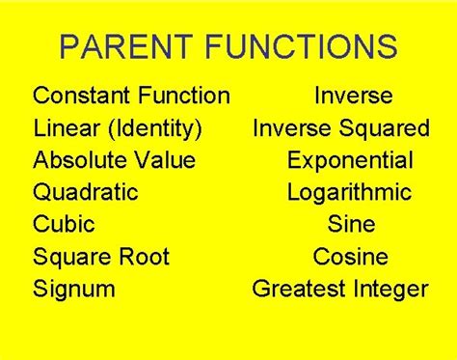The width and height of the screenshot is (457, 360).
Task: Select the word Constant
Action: pyautogui.click(x=78, y=96)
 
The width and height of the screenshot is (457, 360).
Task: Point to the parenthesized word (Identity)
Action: pyautogui.click(x=153, y=128)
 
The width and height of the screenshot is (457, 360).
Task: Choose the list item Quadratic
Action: pyautogui.click(x=85, y=191)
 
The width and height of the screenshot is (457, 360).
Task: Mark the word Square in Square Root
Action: pyautogui.click(x=72, y=257)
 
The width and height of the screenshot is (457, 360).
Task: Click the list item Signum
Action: pyautogui.click(x=73, y=289)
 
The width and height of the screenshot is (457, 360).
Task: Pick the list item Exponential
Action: pyautogui.click(x=350, y=160)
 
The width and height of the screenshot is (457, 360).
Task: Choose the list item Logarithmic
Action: pyautogui.click(x=349, y=192)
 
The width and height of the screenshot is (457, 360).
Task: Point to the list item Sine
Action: pyautogui.click(x=351, y=224)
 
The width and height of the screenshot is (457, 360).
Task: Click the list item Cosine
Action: pyautogui.click(x=351, y=256)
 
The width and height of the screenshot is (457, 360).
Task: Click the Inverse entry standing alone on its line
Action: pyautogui.click(x=353, y=96)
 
